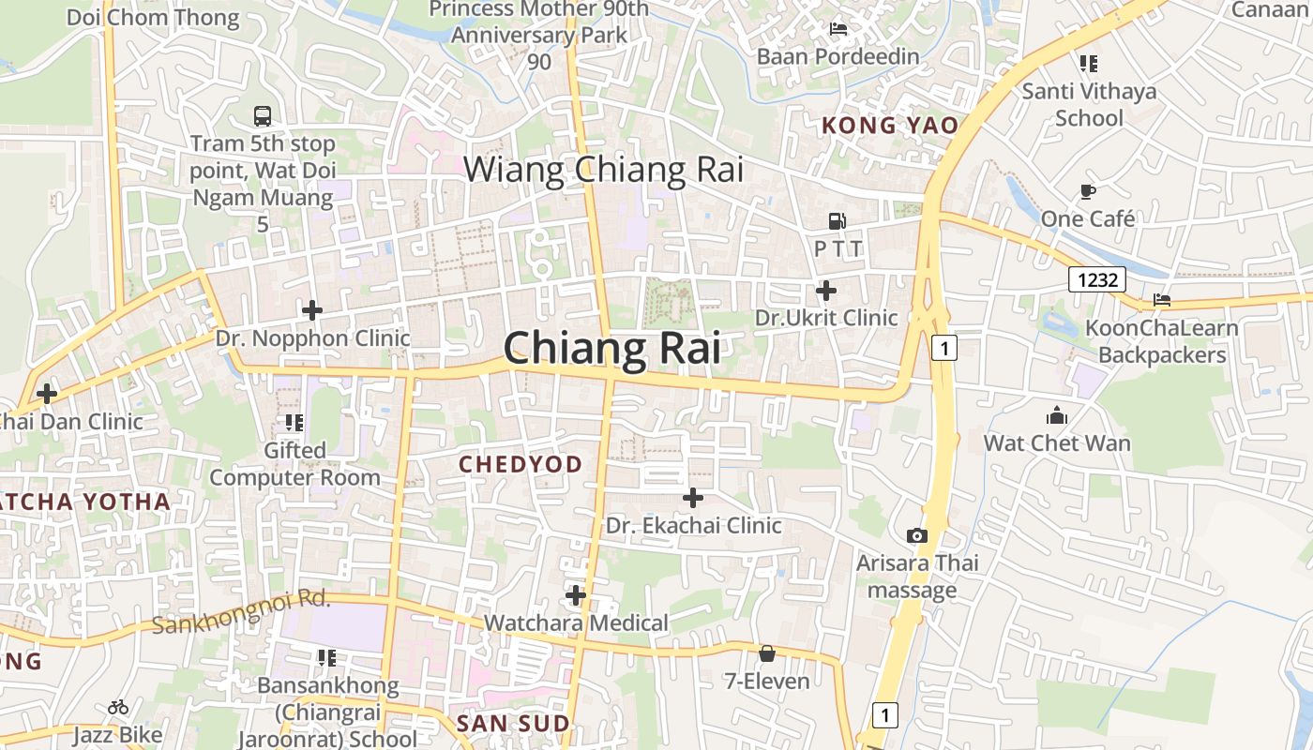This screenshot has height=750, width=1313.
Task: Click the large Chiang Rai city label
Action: (x=612, y=349)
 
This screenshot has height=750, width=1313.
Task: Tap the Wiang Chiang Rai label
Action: (x=603, y=170)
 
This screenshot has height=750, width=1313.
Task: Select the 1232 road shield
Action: (x=1096, y=278)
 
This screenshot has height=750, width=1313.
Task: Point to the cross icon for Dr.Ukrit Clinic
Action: (x=826, y=291)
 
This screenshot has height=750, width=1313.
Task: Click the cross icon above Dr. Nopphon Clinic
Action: (x=312, y=309)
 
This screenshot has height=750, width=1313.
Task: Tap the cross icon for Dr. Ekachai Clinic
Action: (x=693, y=498)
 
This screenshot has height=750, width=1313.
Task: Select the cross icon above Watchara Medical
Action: (x=576, y=595)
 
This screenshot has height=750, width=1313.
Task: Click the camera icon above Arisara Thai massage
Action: (x=917, y=535)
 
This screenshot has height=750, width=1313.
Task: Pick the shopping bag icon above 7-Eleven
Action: (x=767, y=653)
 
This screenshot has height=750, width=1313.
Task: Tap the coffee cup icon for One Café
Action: (x=1088, y=191)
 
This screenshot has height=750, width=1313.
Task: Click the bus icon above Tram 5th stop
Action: (x=263, y=116)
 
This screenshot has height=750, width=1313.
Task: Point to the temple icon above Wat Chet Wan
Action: (x=1057, y=415)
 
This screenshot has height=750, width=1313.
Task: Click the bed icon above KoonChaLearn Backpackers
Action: (x=1162, y=300)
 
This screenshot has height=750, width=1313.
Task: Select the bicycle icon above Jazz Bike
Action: (x=118, y=707)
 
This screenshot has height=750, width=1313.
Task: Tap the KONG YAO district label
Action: (x=890, y=126)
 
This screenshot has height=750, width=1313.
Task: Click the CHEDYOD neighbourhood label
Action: (x=520, y=464)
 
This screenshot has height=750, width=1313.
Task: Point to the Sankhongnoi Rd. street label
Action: (x=241, y=612)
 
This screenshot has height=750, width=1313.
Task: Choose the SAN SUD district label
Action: (x=512, y=724)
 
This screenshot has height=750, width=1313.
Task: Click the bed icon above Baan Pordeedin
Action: (x=838, y=29)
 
